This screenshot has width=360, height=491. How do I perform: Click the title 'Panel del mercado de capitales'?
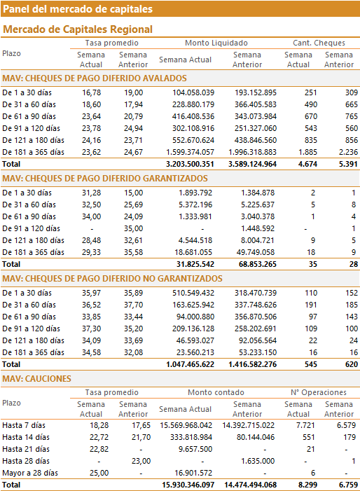tap(78, 9)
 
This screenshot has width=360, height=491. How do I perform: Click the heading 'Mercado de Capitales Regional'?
tap(78, 29)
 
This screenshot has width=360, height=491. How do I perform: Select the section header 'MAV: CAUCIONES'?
tap(36, 379)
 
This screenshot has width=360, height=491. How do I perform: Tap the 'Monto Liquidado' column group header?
tap(216, 43)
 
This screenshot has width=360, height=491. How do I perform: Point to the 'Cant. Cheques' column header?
tap(319, 43)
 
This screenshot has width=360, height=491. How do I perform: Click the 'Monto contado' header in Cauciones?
tap(216, 392)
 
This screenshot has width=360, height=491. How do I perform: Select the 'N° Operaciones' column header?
tap(319, 392)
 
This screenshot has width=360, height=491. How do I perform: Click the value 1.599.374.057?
tap(191, 152)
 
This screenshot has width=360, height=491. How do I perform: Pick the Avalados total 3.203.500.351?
tap(190, 164)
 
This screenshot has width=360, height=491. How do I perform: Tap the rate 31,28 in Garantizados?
tap(92, 193)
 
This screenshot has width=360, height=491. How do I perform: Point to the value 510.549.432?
tap(193, 293)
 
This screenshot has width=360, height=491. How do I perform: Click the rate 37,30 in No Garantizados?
tap(92, 329)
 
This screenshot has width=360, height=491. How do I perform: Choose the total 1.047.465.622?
tap(190, 364)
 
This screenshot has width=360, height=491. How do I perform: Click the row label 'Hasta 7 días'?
tap(24, 425)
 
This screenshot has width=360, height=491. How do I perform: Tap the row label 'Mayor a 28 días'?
tap(30, 473)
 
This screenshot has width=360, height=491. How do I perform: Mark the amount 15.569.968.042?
tap(186, 425)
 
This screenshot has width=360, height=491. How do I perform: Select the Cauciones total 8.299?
tap(307, 485)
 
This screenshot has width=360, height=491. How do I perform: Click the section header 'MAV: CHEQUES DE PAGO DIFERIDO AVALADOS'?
tap(95, 78)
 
